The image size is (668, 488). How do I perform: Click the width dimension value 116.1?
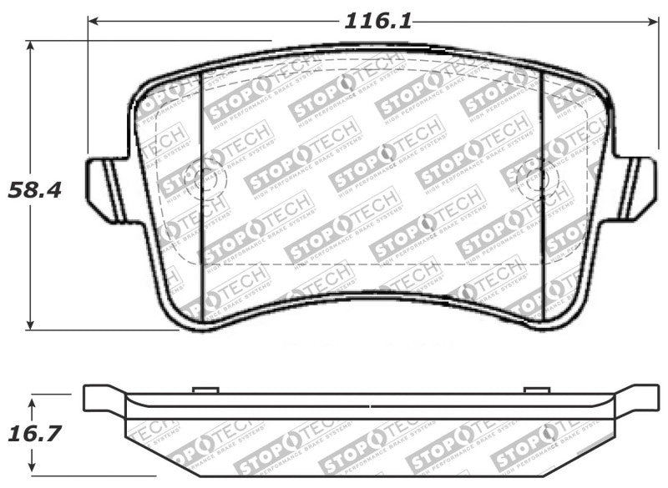(378, 20)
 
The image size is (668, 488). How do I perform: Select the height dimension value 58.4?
(34, 189)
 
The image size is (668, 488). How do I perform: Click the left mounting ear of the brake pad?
(104, 189)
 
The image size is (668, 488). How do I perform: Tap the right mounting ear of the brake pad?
(637, 189)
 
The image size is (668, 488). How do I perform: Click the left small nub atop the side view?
(205, 390)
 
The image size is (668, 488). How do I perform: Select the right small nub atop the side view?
(537, 390)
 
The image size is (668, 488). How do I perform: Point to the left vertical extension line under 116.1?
(87, 92)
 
